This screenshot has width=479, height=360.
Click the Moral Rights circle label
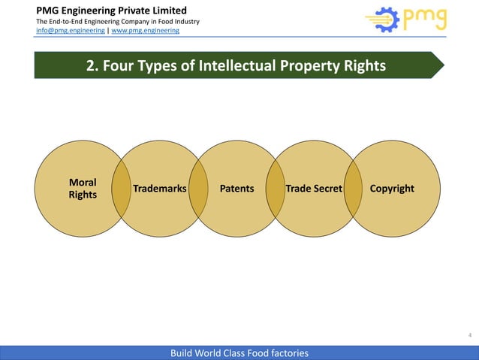83,188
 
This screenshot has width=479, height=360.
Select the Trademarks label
159,188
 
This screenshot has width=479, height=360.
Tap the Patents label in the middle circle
236,188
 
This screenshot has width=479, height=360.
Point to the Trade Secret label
314,188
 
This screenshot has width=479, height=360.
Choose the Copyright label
392,188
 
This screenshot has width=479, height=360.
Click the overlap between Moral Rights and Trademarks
121,188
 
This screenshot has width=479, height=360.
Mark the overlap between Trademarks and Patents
198,188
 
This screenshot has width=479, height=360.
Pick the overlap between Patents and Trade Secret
276,188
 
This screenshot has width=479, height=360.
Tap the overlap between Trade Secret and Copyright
353,188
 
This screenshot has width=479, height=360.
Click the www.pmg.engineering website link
146,30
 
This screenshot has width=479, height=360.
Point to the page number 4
470,334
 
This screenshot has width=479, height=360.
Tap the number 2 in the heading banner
91,66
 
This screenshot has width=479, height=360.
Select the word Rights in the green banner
361,66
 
